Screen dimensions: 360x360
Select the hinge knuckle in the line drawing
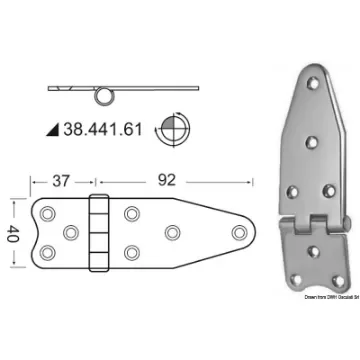(98, 232)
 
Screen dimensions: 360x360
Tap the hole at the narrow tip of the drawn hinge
(238, 232)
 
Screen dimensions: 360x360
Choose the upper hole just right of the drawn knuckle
(130, 212)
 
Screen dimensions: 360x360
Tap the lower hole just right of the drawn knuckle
(130, 253)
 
